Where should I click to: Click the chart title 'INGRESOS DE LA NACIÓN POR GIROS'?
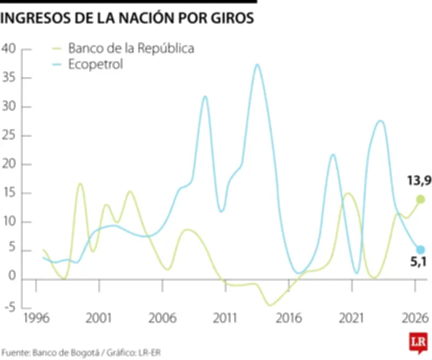pos(127,18)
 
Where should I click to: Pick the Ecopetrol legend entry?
pos(96,64)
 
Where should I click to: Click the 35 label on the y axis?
pos(10,78)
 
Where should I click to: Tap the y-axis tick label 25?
pos(10,136)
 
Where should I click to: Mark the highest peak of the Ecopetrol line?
pos(257,65)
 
